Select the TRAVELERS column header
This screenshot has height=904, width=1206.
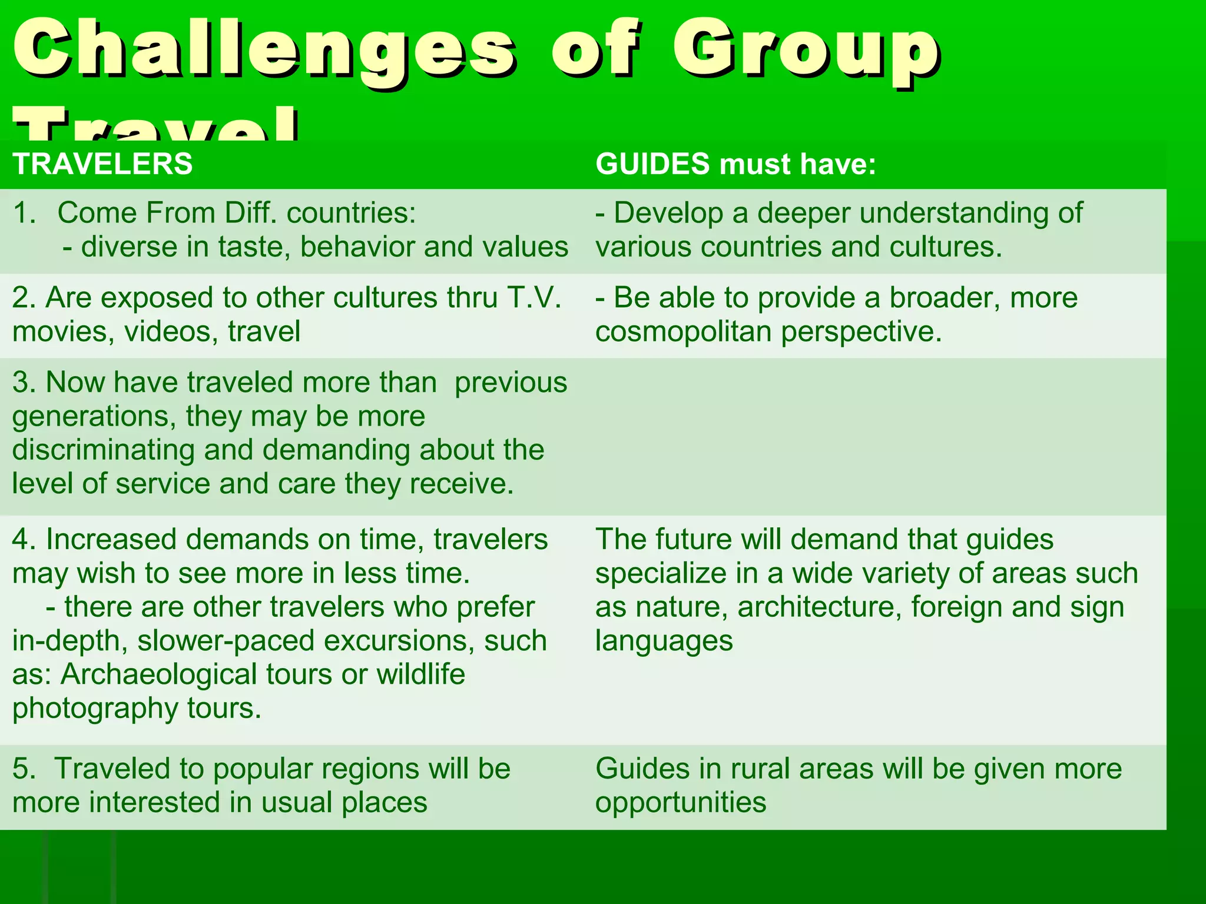point(102,164)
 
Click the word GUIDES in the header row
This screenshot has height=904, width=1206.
point(652,164)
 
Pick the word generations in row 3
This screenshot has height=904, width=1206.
point(94,417)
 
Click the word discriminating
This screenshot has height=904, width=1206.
point(103,450)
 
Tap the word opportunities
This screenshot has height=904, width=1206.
point(681,803)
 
